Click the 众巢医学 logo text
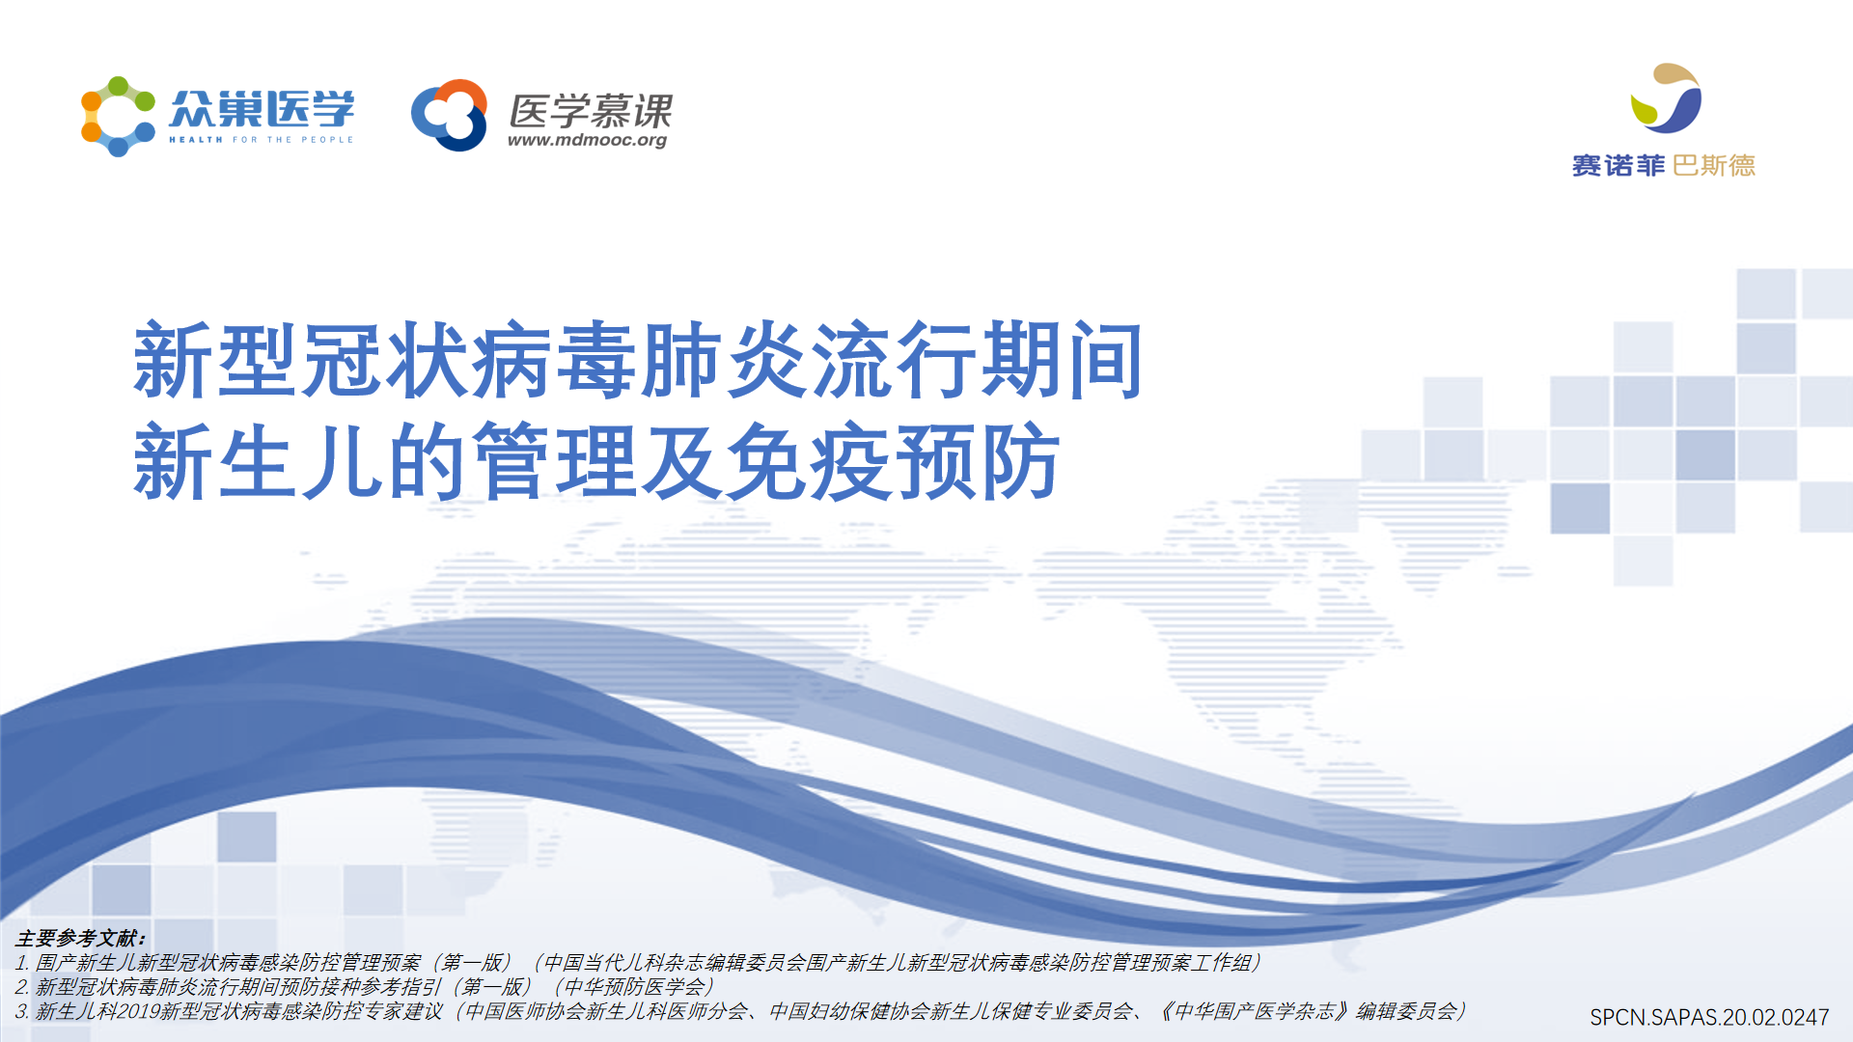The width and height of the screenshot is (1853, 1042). pos(262,109)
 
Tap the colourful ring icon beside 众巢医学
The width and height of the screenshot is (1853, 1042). pos(118,117)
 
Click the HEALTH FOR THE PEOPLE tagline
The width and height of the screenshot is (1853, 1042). pos(262,140)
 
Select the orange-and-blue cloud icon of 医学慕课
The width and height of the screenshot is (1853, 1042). pos(449,115)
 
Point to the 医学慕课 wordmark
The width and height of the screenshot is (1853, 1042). pos(591,111)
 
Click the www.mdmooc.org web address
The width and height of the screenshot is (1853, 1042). pos(588,141)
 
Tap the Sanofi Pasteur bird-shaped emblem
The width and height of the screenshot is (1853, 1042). pos(1666,98)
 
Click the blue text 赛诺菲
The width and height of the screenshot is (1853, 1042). pos(1618,166)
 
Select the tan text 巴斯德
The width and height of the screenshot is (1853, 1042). pos(1714,166)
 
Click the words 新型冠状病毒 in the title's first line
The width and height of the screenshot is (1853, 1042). pos(386,361)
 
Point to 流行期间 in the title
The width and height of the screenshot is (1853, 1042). pos(977,361)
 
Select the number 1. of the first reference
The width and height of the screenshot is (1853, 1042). pos(23,963)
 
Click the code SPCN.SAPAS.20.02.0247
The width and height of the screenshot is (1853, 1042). pos(1709,1017)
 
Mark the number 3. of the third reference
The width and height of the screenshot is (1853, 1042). pos(23,1011)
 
